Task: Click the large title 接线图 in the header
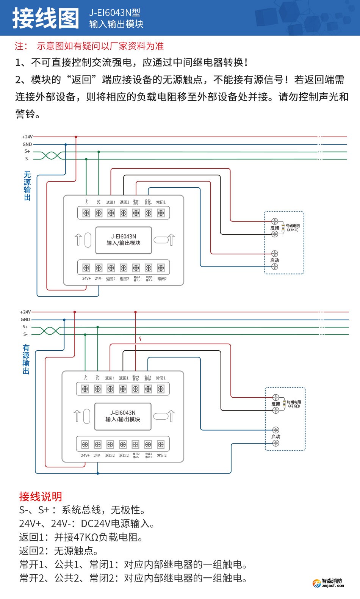tap(45, 18)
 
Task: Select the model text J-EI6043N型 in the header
tap(114, 13)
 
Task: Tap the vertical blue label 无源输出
tap(27, 186)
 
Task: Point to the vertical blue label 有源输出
tap(26, 359)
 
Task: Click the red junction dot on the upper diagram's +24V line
tap(76, 137)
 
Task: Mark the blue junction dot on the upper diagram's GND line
tap(66, 144)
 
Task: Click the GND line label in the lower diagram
tap(25, 320)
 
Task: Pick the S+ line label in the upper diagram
tap(27, 151)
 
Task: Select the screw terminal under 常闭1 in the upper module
tap(161, 213)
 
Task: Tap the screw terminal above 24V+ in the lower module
tap(85, 444)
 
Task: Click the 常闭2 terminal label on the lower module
tap(162, 455)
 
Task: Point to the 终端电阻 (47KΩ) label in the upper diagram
tap(293, 228)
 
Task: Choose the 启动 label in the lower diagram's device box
tap(275, 437)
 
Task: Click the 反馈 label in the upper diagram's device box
tap(274, 228)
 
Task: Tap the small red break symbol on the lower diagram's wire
tap(140, 339)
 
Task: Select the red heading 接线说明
tap(41, 497)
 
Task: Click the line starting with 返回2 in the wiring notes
tap(59, 551)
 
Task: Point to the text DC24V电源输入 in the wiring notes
tap(117, 524)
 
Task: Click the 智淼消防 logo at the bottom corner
tap(328, 583)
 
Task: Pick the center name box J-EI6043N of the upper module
tap(124, 240)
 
